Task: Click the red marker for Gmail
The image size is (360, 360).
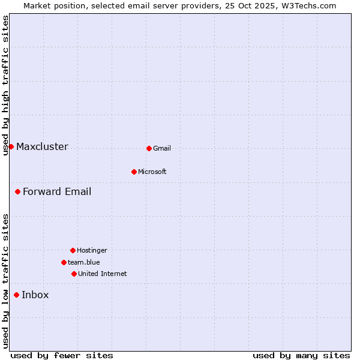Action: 149,148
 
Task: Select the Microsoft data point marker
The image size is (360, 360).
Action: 134,172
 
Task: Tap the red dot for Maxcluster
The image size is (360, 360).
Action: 11,146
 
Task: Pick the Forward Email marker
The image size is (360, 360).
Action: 18,191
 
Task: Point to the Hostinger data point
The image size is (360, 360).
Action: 73,250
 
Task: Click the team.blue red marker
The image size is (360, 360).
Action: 64,262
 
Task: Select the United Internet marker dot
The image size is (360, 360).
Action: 74,274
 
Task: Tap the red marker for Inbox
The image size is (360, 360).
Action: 17,295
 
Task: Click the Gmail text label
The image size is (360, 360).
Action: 162,148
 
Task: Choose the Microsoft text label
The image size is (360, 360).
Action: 152,172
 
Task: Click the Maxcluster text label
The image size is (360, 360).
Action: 42,146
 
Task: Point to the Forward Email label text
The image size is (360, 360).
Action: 57,191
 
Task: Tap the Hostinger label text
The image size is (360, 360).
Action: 92,250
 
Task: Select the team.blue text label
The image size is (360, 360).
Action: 84,262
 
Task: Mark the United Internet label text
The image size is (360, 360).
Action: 103,274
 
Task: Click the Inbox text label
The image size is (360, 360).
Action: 35,295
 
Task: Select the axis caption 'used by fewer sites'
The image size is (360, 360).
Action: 62,355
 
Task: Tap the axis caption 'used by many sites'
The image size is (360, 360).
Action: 301,355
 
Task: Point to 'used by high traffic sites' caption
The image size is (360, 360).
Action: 5,85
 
